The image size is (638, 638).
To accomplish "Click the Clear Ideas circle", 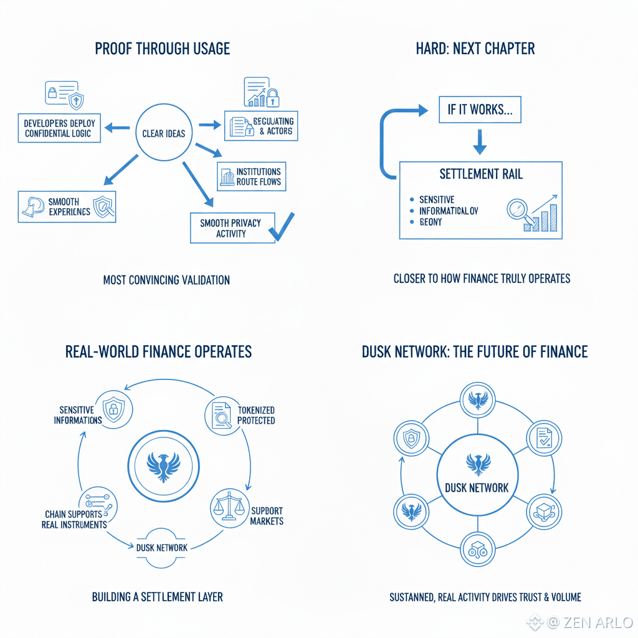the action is coord(164,133).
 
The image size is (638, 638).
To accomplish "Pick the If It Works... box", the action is coord(479,110).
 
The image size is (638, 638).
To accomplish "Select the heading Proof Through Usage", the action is coord(162,49).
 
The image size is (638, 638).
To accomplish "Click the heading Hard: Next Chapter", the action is coord(475,49).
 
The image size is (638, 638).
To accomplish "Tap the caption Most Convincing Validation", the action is coord(166,280).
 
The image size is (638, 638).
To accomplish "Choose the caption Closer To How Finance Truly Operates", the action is coord(482,279).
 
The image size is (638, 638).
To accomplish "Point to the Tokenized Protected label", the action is coord(256,415).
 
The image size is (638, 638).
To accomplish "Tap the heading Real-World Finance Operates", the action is coord(158,352).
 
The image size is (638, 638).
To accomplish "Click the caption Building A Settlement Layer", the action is coord(157,597).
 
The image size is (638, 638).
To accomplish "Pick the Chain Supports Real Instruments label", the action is coord(76,519).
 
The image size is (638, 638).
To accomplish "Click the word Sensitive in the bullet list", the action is coord(437,200).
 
